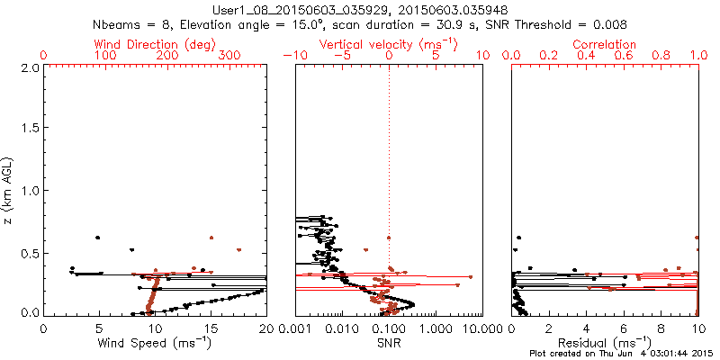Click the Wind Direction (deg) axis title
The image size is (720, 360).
point(156,44)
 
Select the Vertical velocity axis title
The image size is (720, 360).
point(388,44)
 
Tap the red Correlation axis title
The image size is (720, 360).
point(605,44)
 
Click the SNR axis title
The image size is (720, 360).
point(389,342)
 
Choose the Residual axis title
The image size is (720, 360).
point(606,342)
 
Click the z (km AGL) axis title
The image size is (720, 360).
point(9,190)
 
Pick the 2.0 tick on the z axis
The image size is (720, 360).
point(29,67)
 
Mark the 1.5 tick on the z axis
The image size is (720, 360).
point(29,129)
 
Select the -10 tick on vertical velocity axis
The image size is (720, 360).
point(296,56)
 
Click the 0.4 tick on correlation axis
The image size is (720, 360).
point(587,56)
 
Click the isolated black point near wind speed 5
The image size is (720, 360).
point(97,238)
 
